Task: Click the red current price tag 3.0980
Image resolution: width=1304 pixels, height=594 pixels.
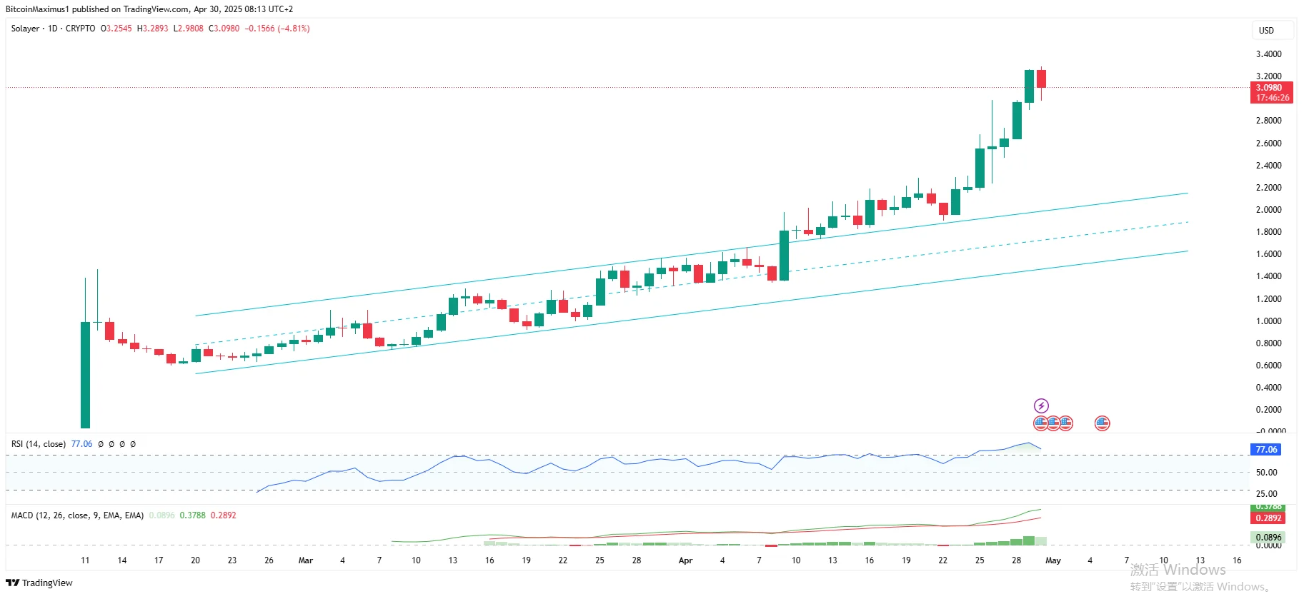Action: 1270,88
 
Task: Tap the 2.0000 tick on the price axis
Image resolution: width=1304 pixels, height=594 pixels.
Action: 1268,210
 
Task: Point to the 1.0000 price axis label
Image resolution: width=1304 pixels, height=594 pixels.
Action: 1268,321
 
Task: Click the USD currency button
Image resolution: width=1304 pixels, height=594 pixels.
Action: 1266,31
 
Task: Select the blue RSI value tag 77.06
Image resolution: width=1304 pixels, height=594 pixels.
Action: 1266,450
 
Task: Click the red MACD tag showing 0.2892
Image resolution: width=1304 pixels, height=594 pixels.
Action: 1268,518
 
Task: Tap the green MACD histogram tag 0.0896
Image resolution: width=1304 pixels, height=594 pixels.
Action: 1268,538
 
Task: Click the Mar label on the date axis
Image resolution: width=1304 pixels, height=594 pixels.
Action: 306,560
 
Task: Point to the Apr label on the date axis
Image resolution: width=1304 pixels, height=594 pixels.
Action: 685,560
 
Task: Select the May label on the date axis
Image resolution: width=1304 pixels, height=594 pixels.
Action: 1052,560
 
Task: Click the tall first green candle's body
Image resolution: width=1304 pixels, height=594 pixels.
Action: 85,375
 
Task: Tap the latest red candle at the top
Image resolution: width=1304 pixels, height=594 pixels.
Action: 1042,79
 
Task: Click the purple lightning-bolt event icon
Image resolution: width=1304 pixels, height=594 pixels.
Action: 1041,406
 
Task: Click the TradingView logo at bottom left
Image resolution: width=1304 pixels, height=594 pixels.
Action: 39,583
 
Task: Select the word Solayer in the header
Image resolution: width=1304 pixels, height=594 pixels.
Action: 26,29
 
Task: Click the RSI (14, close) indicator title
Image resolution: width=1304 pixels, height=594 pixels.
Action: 39,444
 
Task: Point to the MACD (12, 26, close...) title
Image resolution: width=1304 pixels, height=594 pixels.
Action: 77,515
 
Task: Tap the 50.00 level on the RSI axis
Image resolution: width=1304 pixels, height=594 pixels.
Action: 1266,473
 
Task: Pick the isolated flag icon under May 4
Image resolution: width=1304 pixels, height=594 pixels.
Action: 1102,423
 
